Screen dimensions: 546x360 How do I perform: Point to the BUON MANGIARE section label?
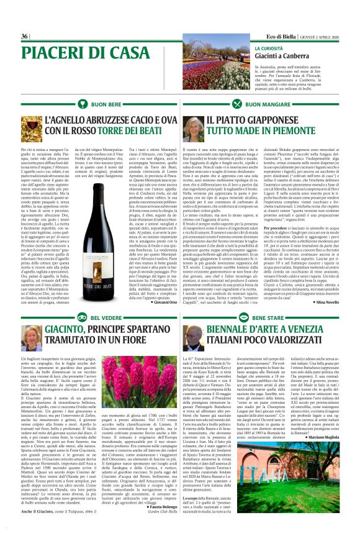coord(277,106)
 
